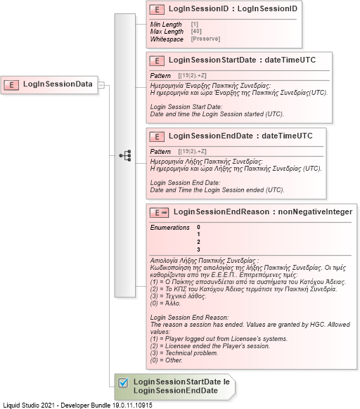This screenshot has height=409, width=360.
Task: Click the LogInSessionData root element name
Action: tap(58, 85)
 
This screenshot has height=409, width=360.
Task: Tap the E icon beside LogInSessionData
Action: tap(12, 85)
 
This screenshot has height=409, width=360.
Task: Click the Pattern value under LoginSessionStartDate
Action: tap(192, 74)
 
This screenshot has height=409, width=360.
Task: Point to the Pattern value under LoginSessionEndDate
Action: tap(192, 152)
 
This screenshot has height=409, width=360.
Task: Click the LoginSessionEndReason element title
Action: tap(262, 212)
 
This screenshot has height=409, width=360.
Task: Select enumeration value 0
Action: tap(199, 227)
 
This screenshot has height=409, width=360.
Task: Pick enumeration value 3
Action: tap(199, 249)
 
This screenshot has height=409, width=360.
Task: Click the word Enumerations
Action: tap(170, 227)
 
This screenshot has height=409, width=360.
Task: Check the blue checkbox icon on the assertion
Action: tap(123, 383)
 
